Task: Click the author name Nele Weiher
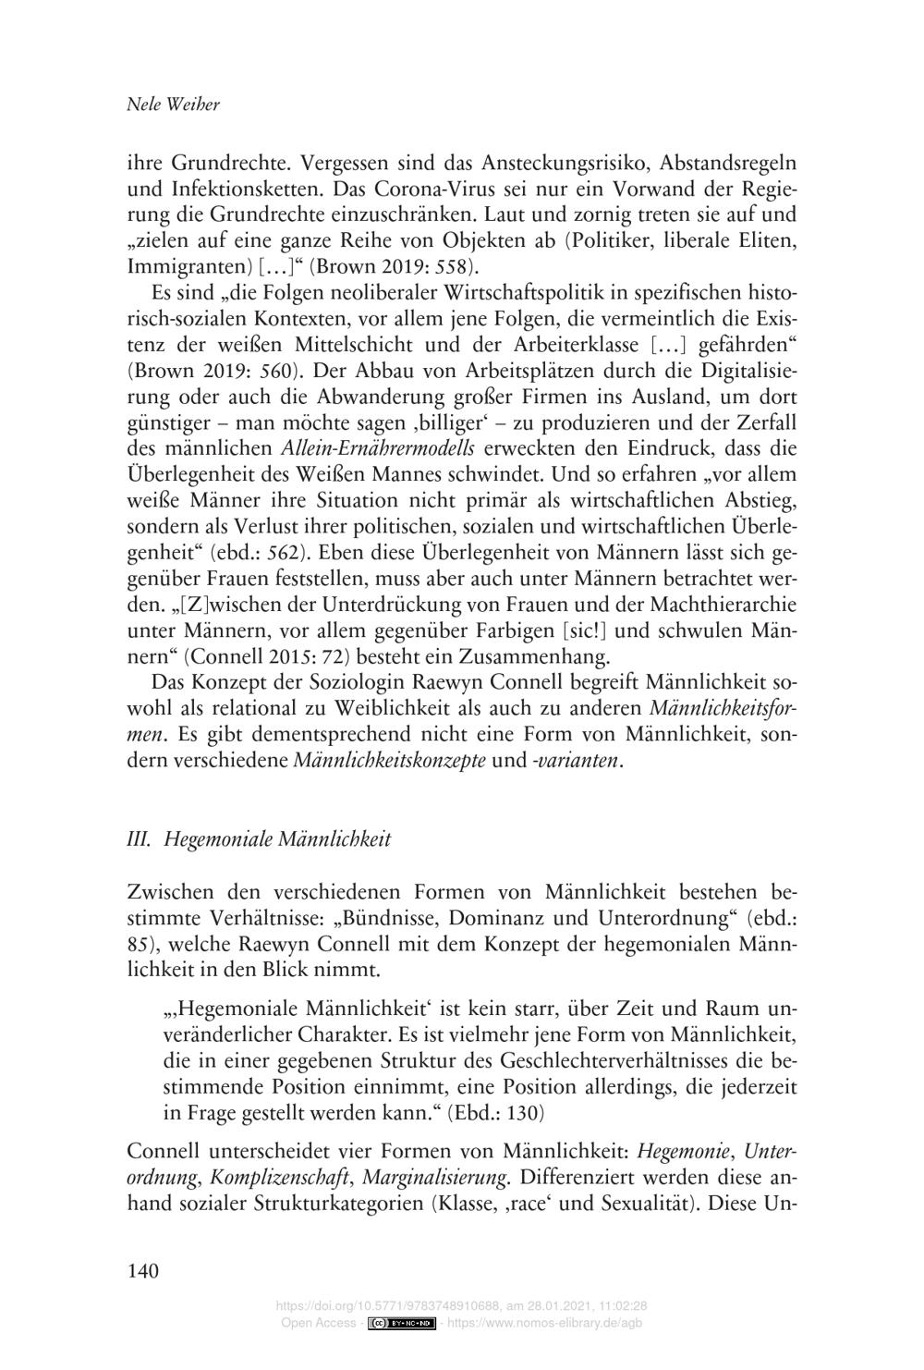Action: (173, 104)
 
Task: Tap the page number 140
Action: (143, 1271)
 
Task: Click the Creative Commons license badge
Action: (401, 1324)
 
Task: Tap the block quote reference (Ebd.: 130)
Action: (495, 1112)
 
